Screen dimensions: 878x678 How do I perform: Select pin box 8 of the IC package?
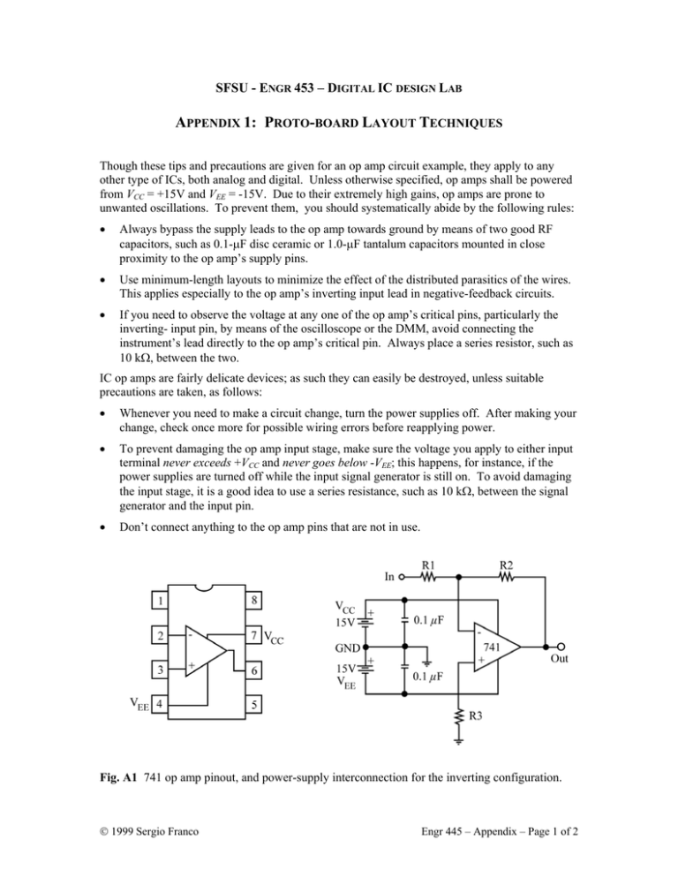click(x=252, y=603)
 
